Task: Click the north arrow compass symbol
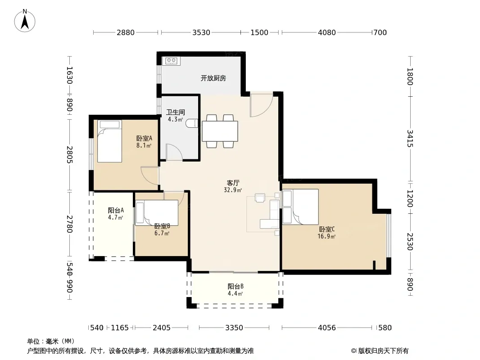[25, 21]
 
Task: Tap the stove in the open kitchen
[171, 61]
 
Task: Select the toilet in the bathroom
[192, 123]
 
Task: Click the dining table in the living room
[220, 131]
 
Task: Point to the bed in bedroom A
[109, 141]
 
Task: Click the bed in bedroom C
[300, 207]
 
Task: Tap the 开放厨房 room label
[213, 78]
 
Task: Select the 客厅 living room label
[233, 183]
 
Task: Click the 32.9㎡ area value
[233, 190]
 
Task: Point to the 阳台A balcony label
[116, 211]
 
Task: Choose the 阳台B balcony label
[235, 287]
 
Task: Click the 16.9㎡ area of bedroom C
[326, 236]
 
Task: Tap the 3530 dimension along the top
[201, 32]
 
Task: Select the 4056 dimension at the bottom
[327, 328]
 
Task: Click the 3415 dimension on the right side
[410, 138]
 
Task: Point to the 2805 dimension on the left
[70, 154]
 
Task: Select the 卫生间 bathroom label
[176, 112]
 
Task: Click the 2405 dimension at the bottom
[162, 328]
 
